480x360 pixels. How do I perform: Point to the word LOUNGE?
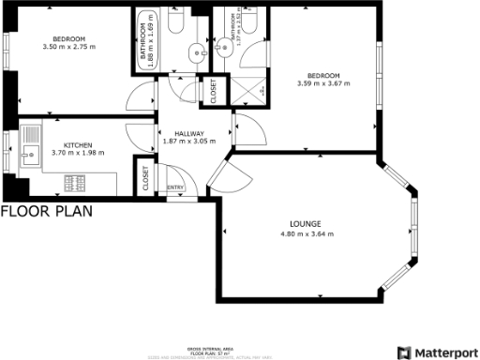click(x=307, y=224)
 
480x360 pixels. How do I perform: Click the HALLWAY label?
click(x=190, y=133)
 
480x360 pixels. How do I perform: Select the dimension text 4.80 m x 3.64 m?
click(x=307, y=233)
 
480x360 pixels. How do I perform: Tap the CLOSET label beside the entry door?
click(x=147, y=179)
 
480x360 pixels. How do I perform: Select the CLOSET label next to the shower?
click(x=213, y=91)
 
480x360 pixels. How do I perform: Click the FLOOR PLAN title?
click(x=46, y=212)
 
